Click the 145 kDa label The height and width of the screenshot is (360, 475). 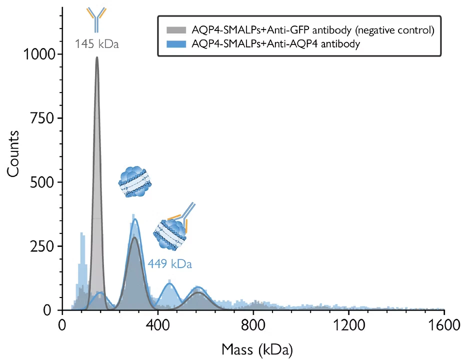[96, 43]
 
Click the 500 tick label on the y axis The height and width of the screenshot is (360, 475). [42, 182]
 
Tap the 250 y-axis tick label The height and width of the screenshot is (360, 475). [42, 246]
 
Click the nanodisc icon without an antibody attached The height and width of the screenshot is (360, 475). [134, 182]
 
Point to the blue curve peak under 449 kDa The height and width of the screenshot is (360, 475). [169, 283]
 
